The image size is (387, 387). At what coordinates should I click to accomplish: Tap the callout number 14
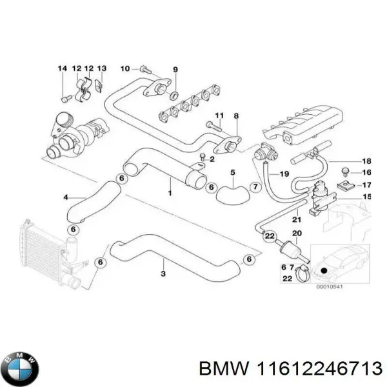tap(62, 68)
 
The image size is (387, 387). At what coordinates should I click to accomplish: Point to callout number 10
tap(125, 68)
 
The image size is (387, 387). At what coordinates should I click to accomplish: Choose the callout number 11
tap(219, 116)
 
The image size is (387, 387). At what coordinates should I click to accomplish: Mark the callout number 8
tap(236, 116)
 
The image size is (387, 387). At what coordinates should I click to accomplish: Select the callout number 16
tap(366, 172)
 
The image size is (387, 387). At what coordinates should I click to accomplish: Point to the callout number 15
tap(366, 196)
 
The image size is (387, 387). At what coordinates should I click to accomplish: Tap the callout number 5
tap(233, 172)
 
